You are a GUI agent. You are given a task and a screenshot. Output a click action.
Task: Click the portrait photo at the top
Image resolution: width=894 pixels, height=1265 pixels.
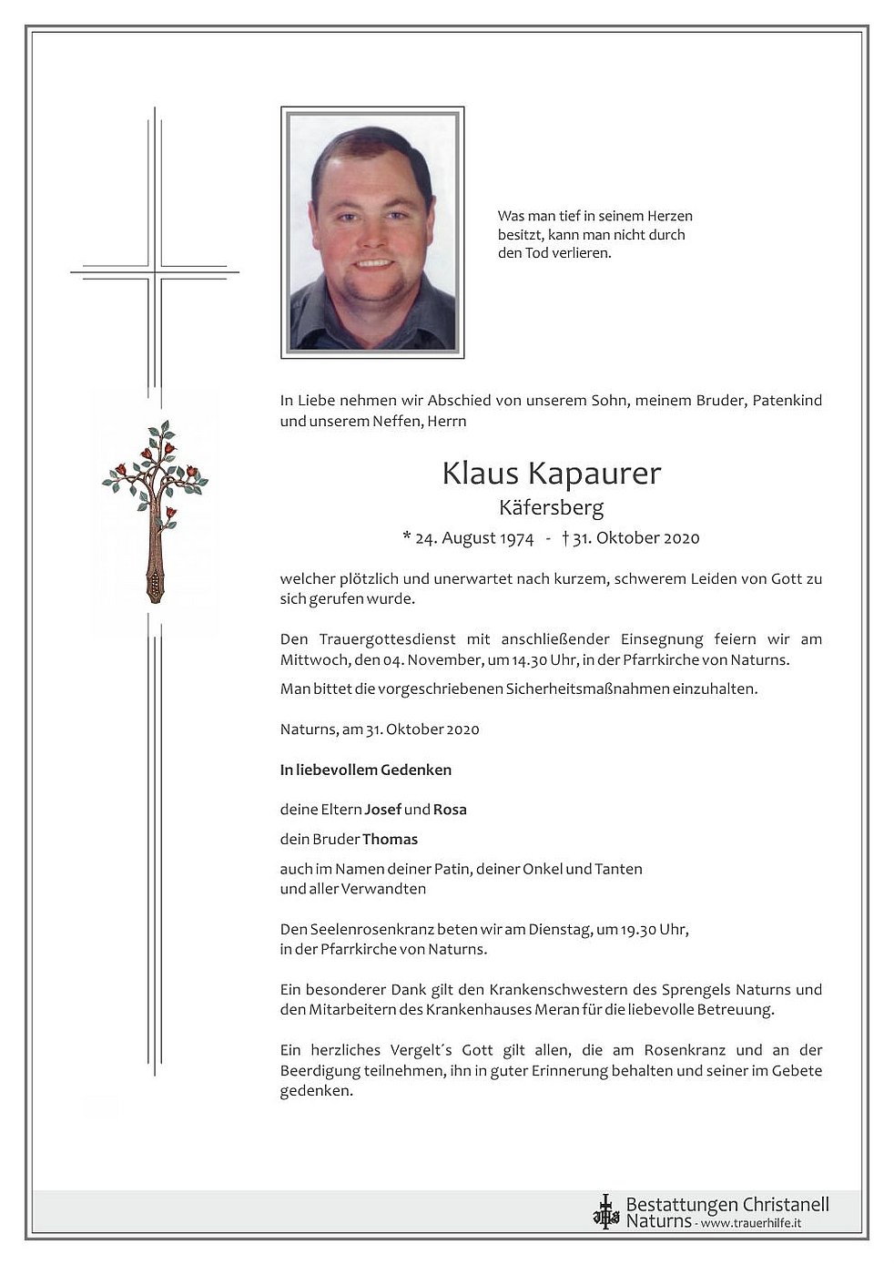click(x=372, y=232)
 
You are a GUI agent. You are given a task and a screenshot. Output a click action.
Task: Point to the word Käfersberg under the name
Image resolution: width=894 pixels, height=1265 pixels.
click(x=551, y=507)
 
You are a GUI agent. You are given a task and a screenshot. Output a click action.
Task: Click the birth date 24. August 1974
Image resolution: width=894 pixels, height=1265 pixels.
click(x=473, y=537)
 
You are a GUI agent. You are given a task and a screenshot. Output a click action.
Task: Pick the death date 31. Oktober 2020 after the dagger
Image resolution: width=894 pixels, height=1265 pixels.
click(x=636, y=537)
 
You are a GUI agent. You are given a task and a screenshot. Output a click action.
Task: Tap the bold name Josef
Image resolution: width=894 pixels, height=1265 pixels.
click(x=383, y=809)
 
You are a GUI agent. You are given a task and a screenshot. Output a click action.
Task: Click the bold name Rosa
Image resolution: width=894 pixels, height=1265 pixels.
click(x=450, y=809)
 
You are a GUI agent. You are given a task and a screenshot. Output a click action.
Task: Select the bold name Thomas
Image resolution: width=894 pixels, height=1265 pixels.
click(x=390, y=839)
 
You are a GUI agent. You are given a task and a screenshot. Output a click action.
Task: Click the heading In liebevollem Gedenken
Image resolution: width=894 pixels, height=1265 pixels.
click(x=366, y=770)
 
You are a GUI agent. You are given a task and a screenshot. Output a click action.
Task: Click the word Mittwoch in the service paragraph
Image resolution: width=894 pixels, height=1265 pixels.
click(x=311, y=660)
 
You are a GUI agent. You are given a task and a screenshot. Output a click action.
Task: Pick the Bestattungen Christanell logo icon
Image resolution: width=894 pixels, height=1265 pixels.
click(x=605, y=1212)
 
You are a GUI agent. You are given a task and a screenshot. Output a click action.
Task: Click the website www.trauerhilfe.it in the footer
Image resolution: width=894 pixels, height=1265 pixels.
click(x=750, y=1222)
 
